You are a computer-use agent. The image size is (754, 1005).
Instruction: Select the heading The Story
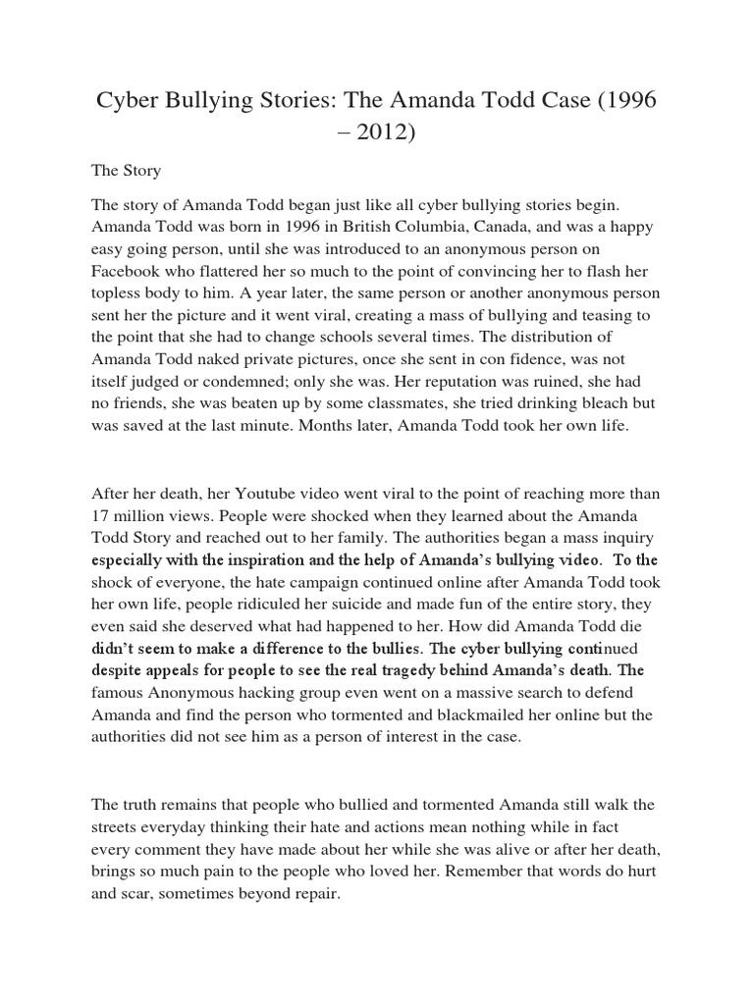[126, 171]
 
